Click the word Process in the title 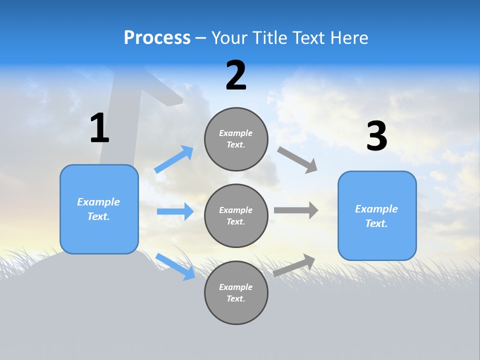click(157, 38)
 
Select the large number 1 click(99, 128)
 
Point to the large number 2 click(236, 75)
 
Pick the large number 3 click(376, 136)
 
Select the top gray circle click(236, 139)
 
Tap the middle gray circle click(236, 215)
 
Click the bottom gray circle click(236, 292)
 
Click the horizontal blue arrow click(175, 211)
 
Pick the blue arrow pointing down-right click(175, 266)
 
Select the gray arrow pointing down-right click(297, 159)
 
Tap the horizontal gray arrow click(296, 210)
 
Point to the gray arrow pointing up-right click(294, 265)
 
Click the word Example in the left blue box click(98, 202)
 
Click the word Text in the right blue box click(376, 223)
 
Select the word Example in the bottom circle click(235, 287)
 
